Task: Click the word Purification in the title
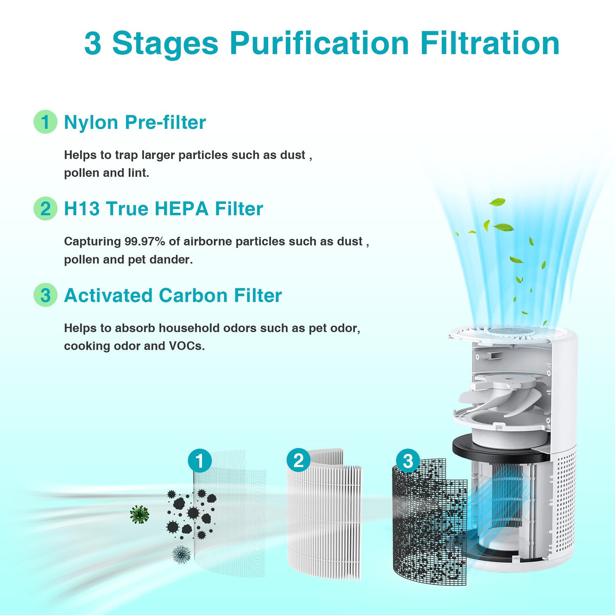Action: click(319, 44)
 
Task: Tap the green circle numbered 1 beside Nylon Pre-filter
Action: click(45, 121)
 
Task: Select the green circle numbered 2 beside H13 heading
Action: click(45, 209)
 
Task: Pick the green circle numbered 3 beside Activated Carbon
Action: click(45, 295)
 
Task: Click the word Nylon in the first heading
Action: click(91, 123)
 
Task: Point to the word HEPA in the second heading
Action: click(181, 209)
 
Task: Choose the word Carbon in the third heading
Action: click(193, 295)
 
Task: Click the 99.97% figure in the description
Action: click(145, 241)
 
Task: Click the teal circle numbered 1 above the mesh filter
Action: click(199, 461)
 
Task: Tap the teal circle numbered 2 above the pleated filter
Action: click(298, 461)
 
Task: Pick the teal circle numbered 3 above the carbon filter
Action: click(408, 461)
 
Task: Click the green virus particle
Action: click(139, 514)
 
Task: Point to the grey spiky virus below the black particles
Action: click(181, 555)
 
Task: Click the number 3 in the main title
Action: click(93, 44)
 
